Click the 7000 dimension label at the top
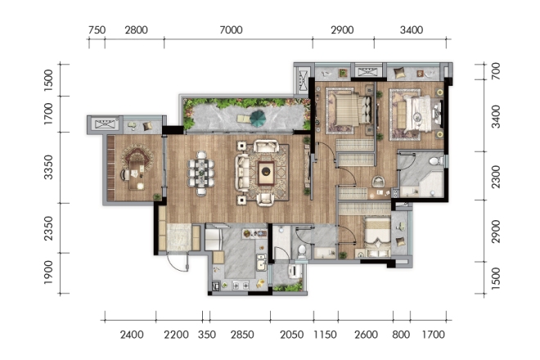tap(231, 30)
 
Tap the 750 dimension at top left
tap(97, 30)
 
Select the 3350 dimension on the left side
tap(48, 168)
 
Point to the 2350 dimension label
tap(48, 228)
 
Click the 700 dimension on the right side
tap(496, 71)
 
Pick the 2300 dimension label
tap(496, 177)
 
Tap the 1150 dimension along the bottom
tap(325, 335)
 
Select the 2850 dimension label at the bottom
tap(242, 335)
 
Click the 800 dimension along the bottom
tap(401, 335)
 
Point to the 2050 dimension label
tap(292, 335)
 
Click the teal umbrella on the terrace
tap(258, 118)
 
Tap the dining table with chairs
tap(200, 173)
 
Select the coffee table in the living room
tap(266, 172)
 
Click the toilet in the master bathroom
tap(437, 160)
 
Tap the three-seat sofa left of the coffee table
tap(242, 173)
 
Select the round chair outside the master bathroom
tap(378, 181)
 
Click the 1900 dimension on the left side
tap(48, 272)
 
